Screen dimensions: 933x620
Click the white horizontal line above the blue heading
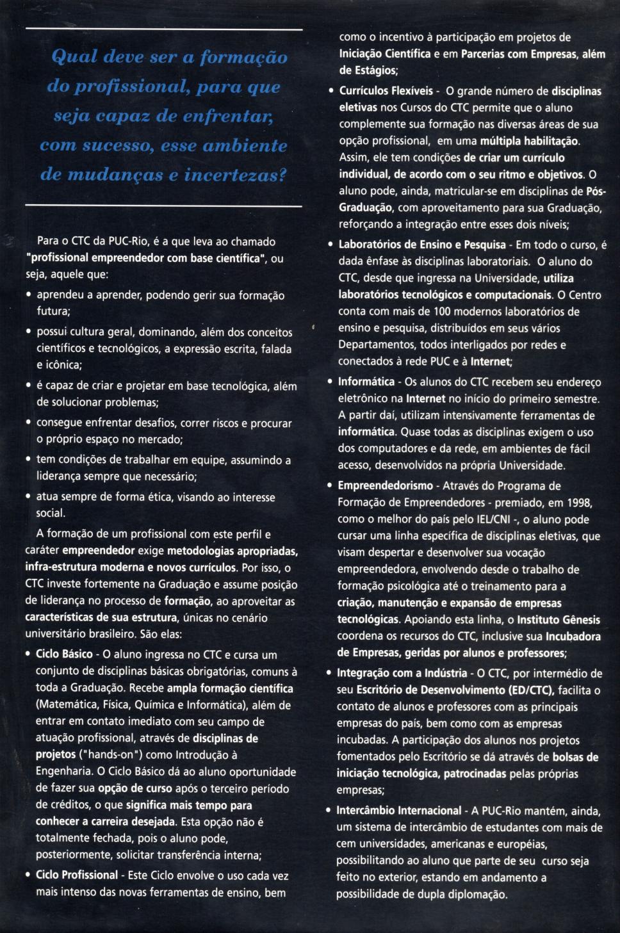163,30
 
